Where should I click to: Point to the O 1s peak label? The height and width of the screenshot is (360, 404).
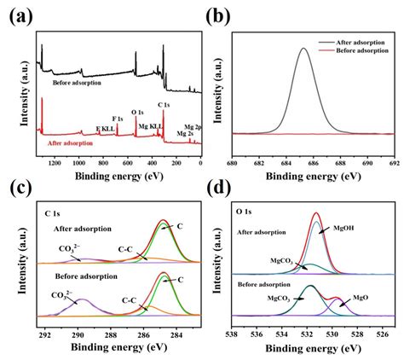[x=137, y=112]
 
